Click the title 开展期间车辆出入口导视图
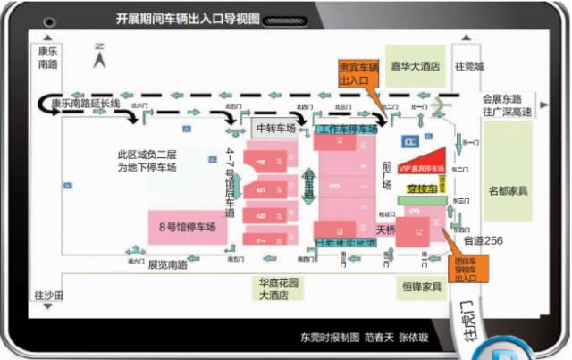click(x=187, y=18)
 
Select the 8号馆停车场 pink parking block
click(x=187, y=225)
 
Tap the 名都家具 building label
click(x=508, y=190)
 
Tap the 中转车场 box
click(x=276, y=129)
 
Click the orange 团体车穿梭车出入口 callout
click(x=466, y=265)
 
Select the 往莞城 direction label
click(x=469, y=67)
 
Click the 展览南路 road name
click(x=167, y=265)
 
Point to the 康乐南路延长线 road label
click(x=85, y=104)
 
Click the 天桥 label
click(x=385, y=229)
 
